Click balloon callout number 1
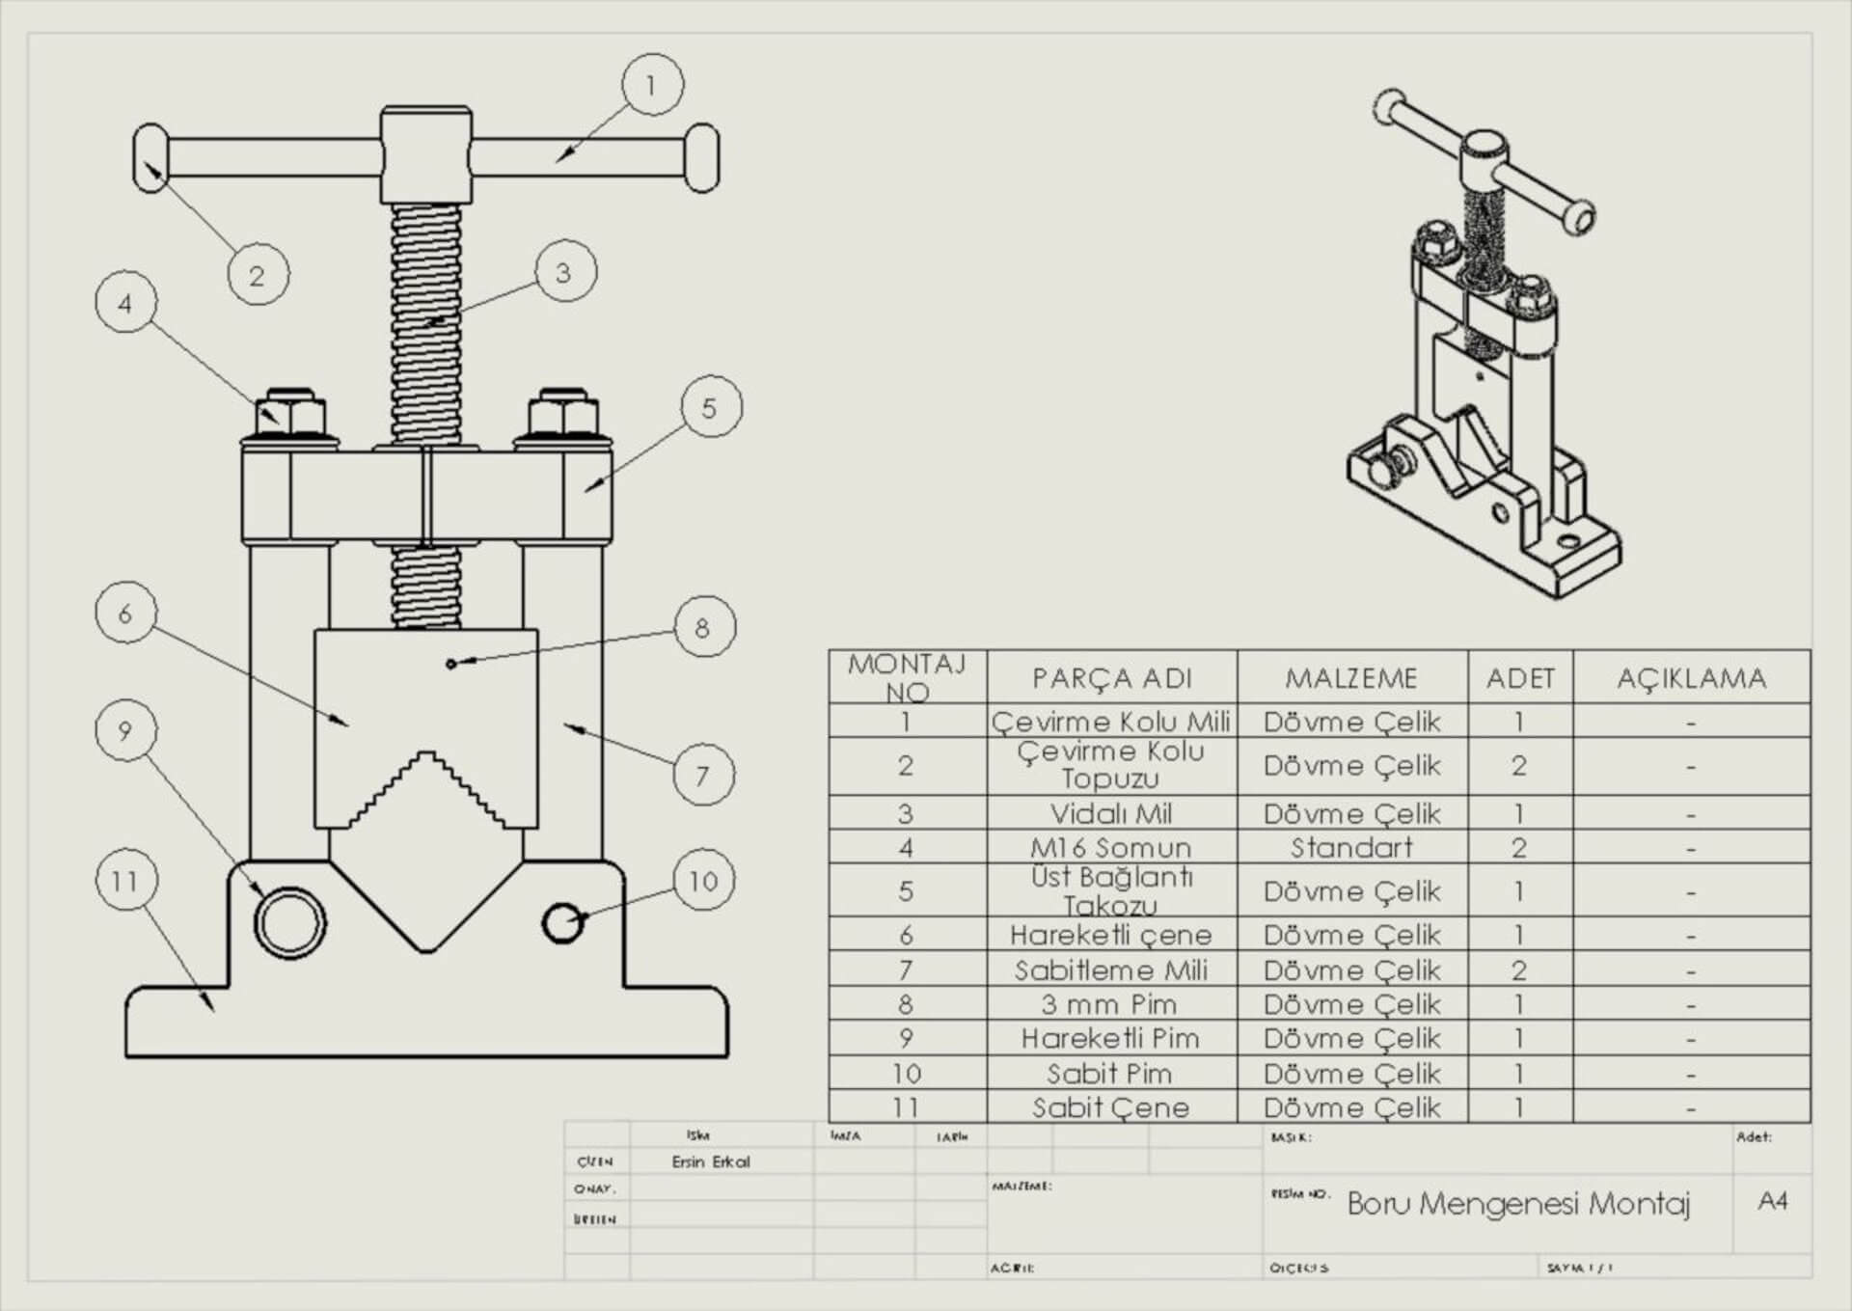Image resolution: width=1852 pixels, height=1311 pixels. click(x=653, y=85)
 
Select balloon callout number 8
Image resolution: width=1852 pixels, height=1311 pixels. click(x=704, y=627)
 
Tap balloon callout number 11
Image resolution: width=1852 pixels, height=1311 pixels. click(x=126, y=880)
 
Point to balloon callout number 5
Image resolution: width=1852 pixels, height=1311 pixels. click(x=711, y=407)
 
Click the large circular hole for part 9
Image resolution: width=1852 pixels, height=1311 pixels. click(x=289, y=922)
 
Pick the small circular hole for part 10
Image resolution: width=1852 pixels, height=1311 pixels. click(x=562, y=922)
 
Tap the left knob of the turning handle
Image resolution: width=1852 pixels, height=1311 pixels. click(x=151, y=157)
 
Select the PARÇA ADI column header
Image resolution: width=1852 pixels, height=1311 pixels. click(x=1111, y=678)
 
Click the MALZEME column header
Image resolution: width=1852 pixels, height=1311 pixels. click(x=1351, y=678)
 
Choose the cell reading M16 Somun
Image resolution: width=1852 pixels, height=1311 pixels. click(x=1111, y=847)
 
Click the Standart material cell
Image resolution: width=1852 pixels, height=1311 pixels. click(x=1351, y=847)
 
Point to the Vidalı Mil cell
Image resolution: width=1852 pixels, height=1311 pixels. click(x=1111, y=813)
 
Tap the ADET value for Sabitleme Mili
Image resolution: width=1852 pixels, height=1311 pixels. click(x=1519, y=970)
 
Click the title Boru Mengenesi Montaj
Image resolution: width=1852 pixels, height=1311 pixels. click(x=1518, y=1203)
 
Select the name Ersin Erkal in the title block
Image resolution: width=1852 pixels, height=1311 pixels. click(x=711, y=1161)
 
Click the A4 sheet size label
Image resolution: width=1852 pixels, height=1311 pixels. click(x=1773, y=1200)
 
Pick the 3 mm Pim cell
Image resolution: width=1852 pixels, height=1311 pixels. click(x=1109, y=1004)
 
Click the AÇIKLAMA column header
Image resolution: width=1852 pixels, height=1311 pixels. click(x=1691, y=678)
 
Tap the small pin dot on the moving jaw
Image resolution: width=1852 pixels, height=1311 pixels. click(x=450, y=664)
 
